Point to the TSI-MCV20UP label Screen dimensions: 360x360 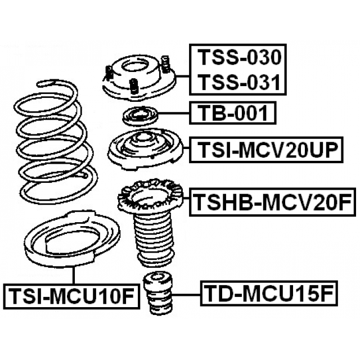(267, 150)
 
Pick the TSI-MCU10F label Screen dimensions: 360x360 (70, 294)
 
